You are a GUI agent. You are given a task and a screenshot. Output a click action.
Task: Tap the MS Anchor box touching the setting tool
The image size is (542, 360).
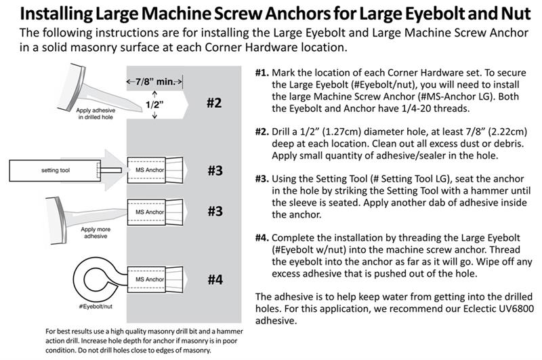[x=148, y=170]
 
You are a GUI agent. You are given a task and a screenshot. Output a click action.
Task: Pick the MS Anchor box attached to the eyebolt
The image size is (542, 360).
[x=148, y=279]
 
